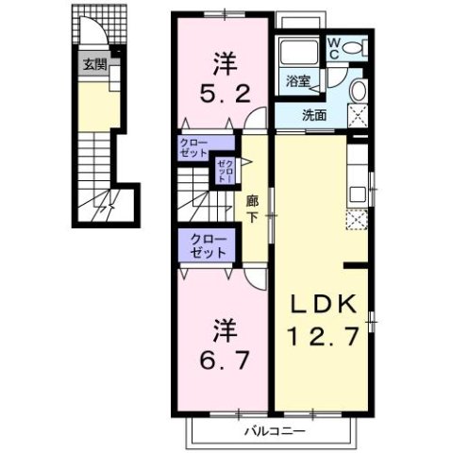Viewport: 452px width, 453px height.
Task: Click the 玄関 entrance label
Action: (x=93, y=65)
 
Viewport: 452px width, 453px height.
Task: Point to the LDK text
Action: (x=324, y=304)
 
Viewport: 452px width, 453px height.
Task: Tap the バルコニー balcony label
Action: (x=273, y=431)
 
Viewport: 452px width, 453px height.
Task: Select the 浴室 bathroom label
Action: (x=296, y=82)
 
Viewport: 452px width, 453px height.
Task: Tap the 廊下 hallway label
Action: (x=252, y=207)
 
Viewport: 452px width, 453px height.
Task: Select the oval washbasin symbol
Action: (x=358, y=91)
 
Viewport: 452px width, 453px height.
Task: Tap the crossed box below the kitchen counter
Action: (x=357, y=222)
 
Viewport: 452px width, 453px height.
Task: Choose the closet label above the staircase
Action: (x=194, y=147)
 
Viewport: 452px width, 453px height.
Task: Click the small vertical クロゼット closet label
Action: (x=223, y=173)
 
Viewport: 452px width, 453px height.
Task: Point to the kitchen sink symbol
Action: (x=358, y=195)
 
